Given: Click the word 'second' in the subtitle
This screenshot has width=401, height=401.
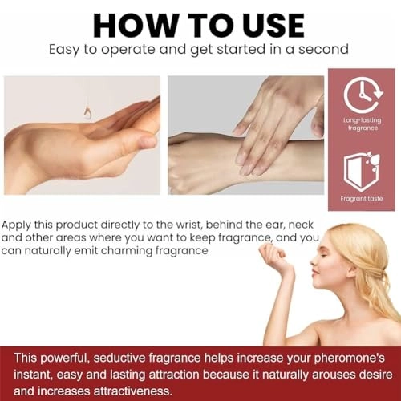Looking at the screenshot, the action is [x=323, y=49].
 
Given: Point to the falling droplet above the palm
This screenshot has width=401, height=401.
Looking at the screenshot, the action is [x=87, y=113].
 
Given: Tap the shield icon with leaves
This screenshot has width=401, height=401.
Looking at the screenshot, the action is [x=362, y=171].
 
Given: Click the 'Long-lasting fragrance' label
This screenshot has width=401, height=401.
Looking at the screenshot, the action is [x=363, y=124].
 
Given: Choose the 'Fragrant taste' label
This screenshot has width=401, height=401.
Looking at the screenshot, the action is [x=362, y=199].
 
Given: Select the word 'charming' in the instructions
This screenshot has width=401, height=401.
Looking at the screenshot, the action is [x=127, y=251].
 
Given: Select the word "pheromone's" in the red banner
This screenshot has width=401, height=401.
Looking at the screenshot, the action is [x=350, y=358].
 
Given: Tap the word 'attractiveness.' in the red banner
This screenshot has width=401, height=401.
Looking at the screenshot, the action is [x=132, y=391].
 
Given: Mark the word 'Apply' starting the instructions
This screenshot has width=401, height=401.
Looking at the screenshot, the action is [x=16, y=225].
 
